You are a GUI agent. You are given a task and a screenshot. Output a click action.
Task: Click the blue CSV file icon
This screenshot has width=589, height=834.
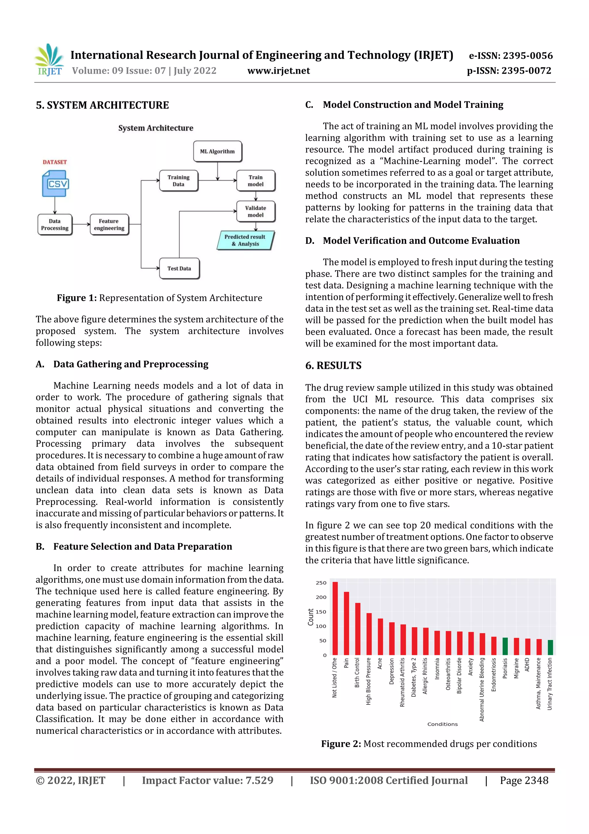tap(55, 183)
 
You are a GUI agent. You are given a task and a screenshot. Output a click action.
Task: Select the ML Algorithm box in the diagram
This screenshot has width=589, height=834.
tap(217, 151)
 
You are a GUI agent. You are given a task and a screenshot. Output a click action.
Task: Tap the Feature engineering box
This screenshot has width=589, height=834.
tap(109, 225)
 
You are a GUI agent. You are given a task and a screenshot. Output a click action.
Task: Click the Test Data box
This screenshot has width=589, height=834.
tap(179, 268)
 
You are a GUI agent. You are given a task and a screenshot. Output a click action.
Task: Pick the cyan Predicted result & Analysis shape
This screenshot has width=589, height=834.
tap(245, 240)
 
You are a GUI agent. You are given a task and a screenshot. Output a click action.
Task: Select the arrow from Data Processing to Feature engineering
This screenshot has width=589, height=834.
tap(81, 225)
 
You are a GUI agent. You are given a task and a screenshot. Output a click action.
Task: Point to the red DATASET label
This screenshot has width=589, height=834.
tap(55, 162)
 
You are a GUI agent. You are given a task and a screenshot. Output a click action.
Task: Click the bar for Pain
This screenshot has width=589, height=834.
tap(346, 623)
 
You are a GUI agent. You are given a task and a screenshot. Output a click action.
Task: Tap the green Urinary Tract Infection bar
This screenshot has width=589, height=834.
tap(550, 648)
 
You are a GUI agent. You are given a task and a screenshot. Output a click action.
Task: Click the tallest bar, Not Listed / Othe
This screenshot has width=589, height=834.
tap(335, 618)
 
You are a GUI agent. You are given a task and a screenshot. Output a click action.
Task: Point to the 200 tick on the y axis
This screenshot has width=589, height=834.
tap(321, 597)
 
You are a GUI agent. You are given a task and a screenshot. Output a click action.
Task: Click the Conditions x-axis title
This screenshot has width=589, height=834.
tap(442, 724)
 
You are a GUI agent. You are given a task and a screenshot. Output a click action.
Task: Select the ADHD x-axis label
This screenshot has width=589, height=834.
tap(527, 665)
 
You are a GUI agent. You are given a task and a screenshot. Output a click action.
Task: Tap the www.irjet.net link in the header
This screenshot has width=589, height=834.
tap(278, 71)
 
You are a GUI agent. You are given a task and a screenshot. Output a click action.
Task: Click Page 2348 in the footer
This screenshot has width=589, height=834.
tap(524, 780)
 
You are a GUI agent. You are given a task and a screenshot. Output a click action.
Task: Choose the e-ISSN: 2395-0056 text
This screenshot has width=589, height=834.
tap(510, 56)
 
